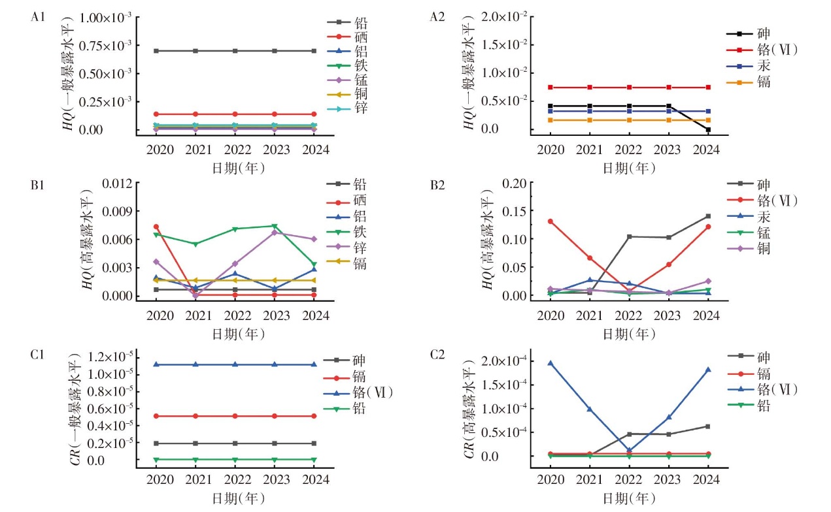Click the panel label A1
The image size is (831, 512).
pos(38,18)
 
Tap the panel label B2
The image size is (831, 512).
pos(436,184)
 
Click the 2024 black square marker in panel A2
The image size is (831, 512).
pos(708,129)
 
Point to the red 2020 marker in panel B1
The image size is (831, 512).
pos(156,227)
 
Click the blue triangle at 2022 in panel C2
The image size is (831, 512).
pos(629,451)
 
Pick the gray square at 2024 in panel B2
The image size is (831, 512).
pos(708,216)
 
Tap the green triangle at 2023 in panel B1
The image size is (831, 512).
pos(275,226)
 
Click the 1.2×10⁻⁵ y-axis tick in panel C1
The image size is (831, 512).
pos(108,357)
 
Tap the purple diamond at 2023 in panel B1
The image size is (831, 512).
pos(275,232)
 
